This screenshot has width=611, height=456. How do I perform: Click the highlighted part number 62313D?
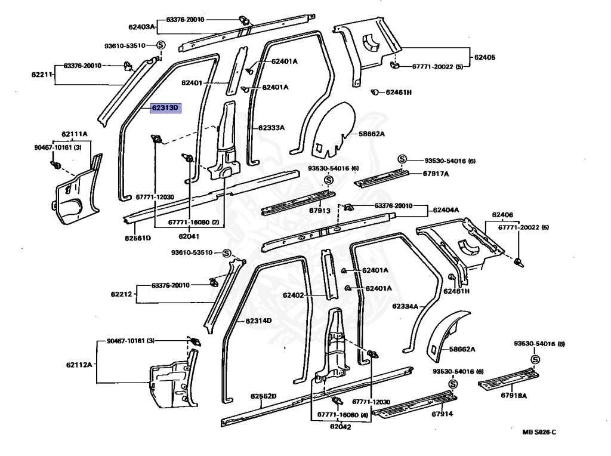(x=165, y=108)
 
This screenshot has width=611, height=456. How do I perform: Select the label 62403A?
(x=141, y=27)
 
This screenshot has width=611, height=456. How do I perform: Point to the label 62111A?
(x=74, y=134)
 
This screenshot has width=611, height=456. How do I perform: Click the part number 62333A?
(x=271, y=127)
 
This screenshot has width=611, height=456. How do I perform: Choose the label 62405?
(x=485, y=57)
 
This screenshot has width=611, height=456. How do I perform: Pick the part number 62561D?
(x=138, y=238)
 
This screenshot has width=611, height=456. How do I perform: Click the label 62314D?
(x=258, y=321)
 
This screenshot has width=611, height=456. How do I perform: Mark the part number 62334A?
(x=405, y=306)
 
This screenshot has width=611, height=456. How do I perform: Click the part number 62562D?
(x=264, y=396)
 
